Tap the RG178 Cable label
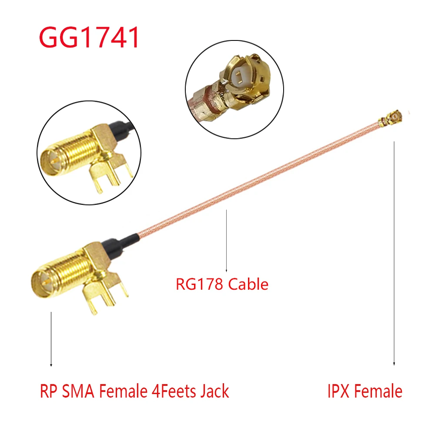(x=222, y=284)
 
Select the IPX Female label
(x=365, y=391)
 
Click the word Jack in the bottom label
(x=214, y=391)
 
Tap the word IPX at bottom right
(x=339, y=391)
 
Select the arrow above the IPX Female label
(x=394, y=252)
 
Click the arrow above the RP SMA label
(x=51, y=339)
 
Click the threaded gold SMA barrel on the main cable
(x=65, y=270)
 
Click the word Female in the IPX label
(x=377, y=391)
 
